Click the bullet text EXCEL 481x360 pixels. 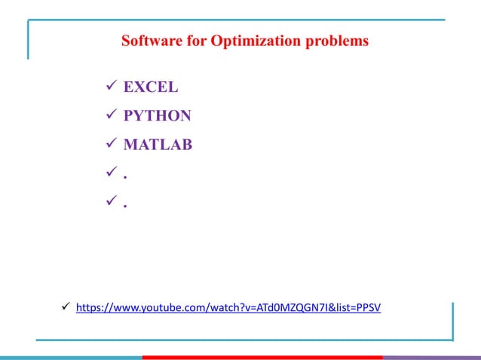151,87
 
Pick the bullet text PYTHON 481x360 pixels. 157,116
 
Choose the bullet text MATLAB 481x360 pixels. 158,144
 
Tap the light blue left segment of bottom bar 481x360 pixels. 71,357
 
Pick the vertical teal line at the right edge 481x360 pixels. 453,322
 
